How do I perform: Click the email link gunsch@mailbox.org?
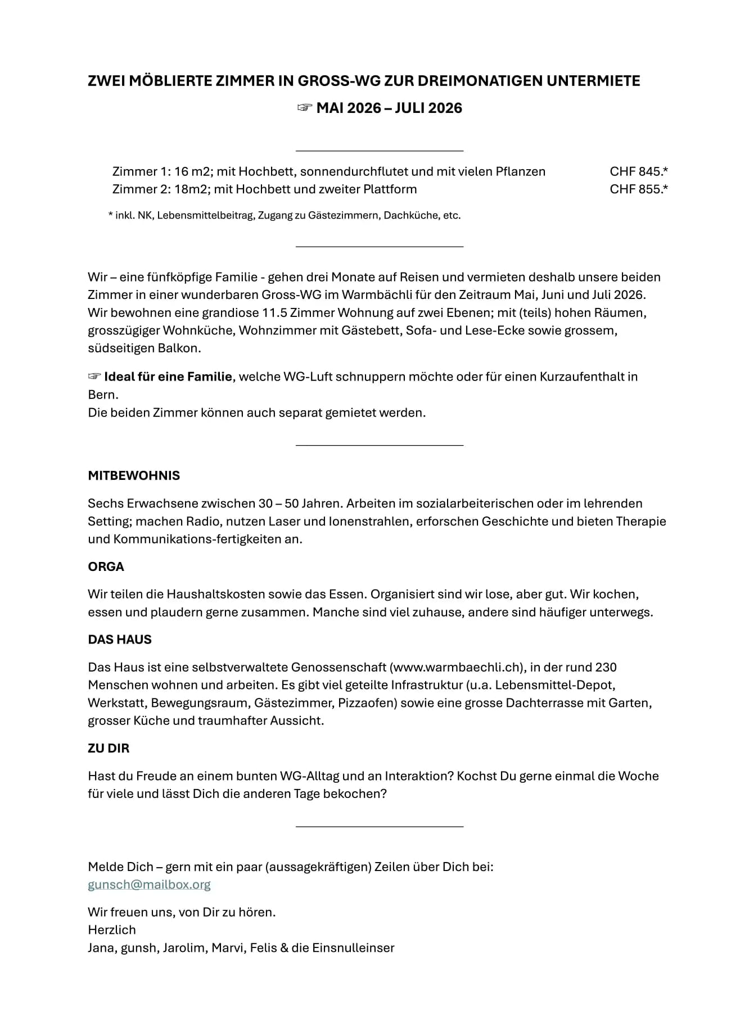pyautogui.click(x=149, y=885)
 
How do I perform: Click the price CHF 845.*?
pyautogui.click(x=639, y=171)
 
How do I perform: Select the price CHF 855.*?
pyautogui.click(x=639, y=189)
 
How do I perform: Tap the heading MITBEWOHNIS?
pyautogui.click(x=134, y=475)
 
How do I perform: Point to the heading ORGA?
pyautogui.click(x=106, y=566)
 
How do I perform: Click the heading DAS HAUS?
pyautogui.click(x=120, y=640)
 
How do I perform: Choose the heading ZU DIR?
pyautogui.click(x=109, y=749)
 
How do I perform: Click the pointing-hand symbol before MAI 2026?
pyautogui.click(x=304, y=108)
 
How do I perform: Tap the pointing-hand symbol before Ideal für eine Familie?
pyautogui.click(x=94, y=377)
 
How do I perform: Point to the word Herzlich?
pyautogui.click(x=112, y=930)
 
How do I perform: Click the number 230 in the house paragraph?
pyautogui.click(x=606, y=668)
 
